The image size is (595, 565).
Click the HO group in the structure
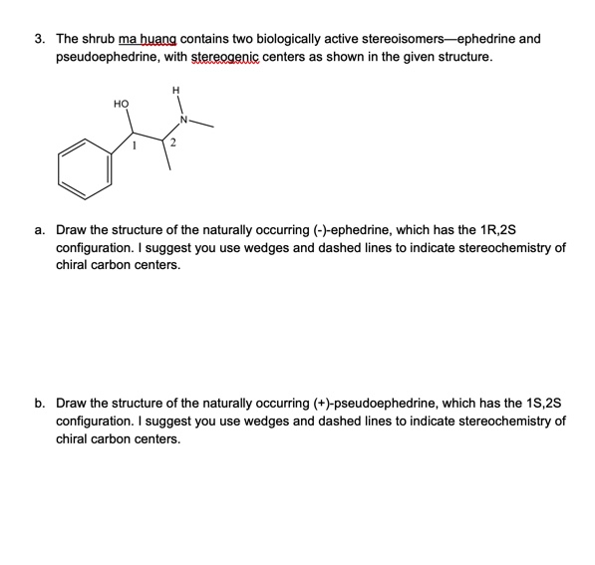tap(120, 103)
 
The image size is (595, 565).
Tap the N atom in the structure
tap(182, 121)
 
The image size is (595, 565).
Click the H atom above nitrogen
tap(176, 94)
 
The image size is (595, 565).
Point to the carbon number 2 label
tap(173, 145)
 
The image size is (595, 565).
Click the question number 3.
tap(39, 39)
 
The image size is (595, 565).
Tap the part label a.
tap(39, 228)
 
